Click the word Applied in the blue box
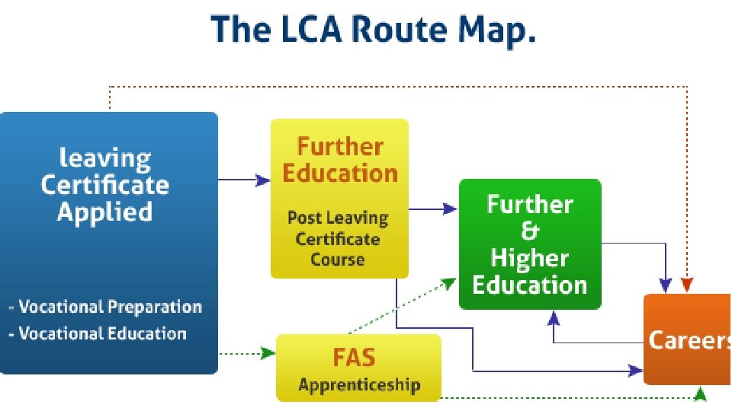(x=105, y=211)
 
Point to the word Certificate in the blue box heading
(x=105, y=184)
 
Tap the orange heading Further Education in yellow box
(x=340, y=159)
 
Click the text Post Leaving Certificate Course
(x=338, y=238)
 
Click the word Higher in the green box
(x=529, y=258)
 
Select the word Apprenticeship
(x=359, y=384)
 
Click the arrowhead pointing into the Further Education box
(x=264, y=180)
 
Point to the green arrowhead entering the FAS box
(x=268, y=353)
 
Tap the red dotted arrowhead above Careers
(x=687, y=285)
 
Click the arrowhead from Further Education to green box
(x=451, y=209)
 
